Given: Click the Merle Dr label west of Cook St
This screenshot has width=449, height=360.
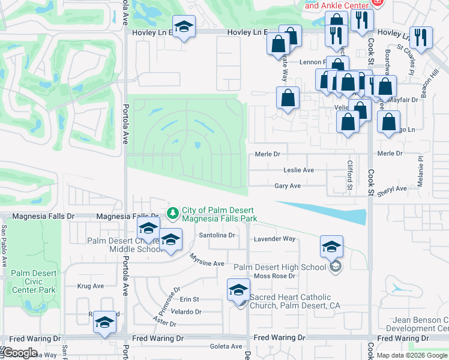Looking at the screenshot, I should coord(268,154).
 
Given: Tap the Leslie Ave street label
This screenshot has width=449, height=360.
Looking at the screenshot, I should coord(298,170).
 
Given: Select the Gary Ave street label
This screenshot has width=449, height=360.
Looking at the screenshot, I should coord(288,187).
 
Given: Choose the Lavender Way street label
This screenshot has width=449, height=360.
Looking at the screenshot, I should coord(275,239).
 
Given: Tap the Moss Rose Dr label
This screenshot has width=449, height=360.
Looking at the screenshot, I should coord(275,276).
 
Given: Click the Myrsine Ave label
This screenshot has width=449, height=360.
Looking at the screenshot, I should coord(206,260).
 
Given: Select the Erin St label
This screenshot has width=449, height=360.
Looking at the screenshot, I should coord(189,299).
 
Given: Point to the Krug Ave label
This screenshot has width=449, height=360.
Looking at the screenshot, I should coord(91,286).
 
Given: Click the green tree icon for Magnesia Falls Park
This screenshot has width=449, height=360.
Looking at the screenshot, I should coord(173,212).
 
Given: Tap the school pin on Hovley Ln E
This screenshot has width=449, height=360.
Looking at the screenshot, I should coord(184,26).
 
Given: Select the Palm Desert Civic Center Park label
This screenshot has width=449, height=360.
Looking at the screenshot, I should coord(33,281).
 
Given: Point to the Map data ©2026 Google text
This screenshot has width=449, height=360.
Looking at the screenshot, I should coord(411,355).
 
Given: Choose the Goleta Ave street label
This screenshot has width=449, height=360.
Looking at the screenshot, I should coord(225,347).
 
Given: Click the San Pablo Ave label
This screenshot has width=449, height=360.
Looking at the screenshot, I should coord(4,246).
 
